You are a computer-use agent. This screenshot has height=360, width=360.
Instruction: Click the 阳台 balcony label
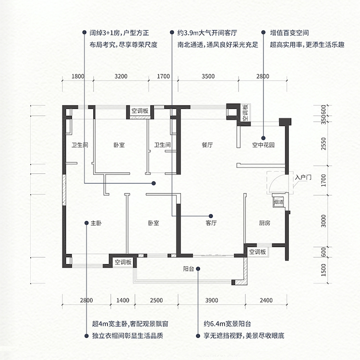[188, 269]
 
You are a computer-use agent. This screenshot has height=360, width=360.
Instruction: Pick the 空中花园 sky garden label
[264, 145]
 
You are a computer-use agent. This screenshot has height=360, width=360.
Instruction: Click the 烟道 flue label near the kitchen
[278, 203]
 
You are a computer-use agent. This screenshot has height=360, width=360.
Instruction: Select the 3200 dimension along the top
[121, 76]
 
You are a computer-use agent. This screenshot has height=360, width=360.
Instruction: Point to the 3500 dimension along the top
[208, 76]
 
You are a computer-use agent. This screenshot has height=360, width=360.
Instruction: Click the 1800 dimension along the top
[78, 76]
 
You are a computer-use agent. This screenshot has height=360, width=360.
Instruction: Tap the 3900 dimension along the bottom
[212, 300]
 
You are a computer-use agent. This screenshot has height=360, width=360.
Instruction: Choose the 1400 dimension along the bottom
[123, 300]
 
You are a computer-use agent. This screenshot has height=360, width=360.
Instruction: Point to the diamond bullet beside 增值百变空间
[263, 33]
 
